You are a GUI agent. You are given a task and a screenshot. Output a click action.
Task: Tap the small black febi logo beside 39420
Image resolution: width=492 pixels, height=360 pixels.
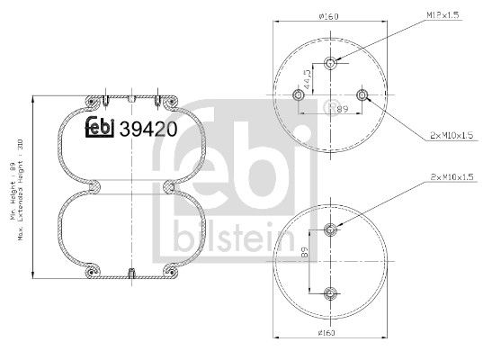pyautogui.click(x=102, y=130)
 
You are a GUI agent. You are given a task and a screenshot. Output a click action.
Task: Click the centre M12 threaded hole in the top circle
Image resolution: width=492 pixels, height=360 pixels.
pyautogui.click(x=332, y=63)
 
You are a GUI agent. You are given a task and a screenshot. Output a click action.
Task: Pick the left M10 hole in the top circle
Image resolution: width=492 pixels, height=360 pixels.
pyautogui.click(x=300, y=94)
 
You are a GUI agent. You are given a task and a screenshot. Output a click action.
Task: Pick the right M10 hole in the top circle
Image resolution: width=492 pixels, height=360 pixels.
pyautogui.click(x=362, y=94)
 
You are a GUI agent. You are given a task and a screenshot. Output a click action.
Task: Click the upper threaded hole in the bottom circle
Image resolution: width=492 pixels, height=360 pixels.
pyautogui.click(x=332, y=229)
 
